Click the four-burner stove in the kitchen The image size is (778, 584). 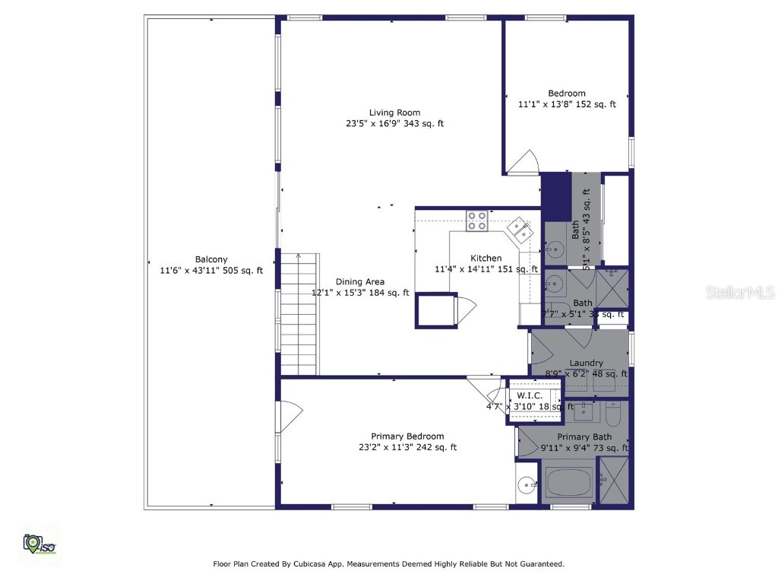click(x=477, y=221)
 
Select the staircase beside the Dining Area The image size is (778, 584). click(x=299, y=313)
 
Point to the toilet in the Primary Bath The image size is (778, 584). click(x=614, y=414)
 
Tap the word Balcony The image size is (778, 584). click(x=210, y=259)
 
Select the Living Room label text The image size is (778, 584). click(x=394, y=113)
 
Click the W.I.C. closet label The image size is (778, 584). click(x=529, y=396)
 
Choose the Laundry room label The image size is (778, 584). click(x=586, y=363)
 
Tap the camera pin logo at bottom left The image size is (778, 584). click(x=38, y=543)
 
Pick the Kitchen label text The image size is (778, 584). click(x=485, y=258)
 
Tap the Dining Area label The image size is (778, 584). click(x=360, y=281)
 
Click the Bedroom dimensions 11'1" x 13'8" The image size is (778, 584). click(x=567, y=104)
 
